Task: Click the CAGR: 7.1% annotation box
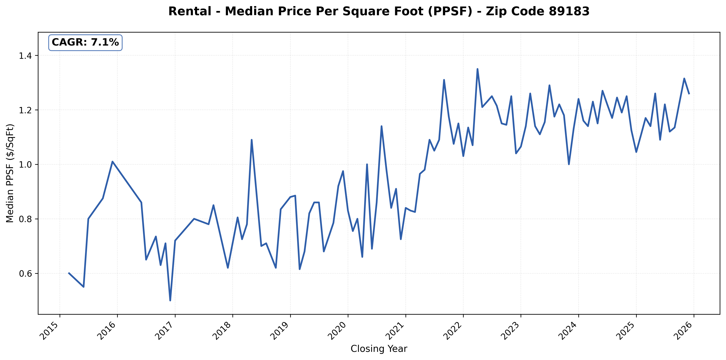[85, 43]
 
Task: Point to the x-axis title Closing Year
[379, 349]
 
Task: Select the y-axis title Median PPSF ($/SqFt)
[10, 173]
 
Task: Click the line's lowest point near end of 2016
[170, 301]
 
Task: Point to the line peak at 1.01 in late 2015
[112, 161]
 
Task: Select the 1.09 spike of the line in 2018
[251, 140]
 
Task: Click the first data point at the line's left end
[69, 273]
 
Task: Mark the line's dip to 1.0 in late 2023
[569, 164]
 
